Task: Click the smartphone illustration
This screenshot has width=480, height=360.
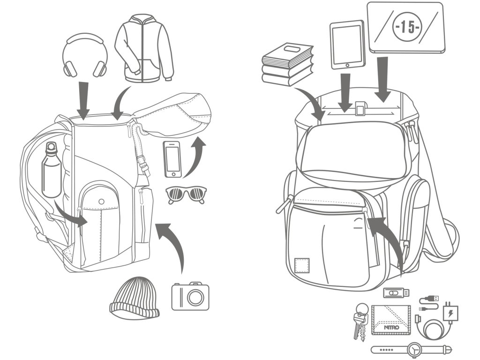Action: [172, 159]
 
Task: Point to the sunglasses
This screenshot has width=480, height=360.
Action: [187, 194]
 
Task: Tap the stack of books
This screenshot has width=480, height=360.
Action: [287, 63]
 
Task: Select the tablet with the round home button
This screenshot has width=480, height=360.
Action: [347, 45]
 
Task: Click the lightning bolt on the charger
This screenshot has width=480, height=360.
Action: [450, 312]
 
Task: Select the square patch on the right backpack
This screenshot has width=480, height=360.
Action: [300, 265]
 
